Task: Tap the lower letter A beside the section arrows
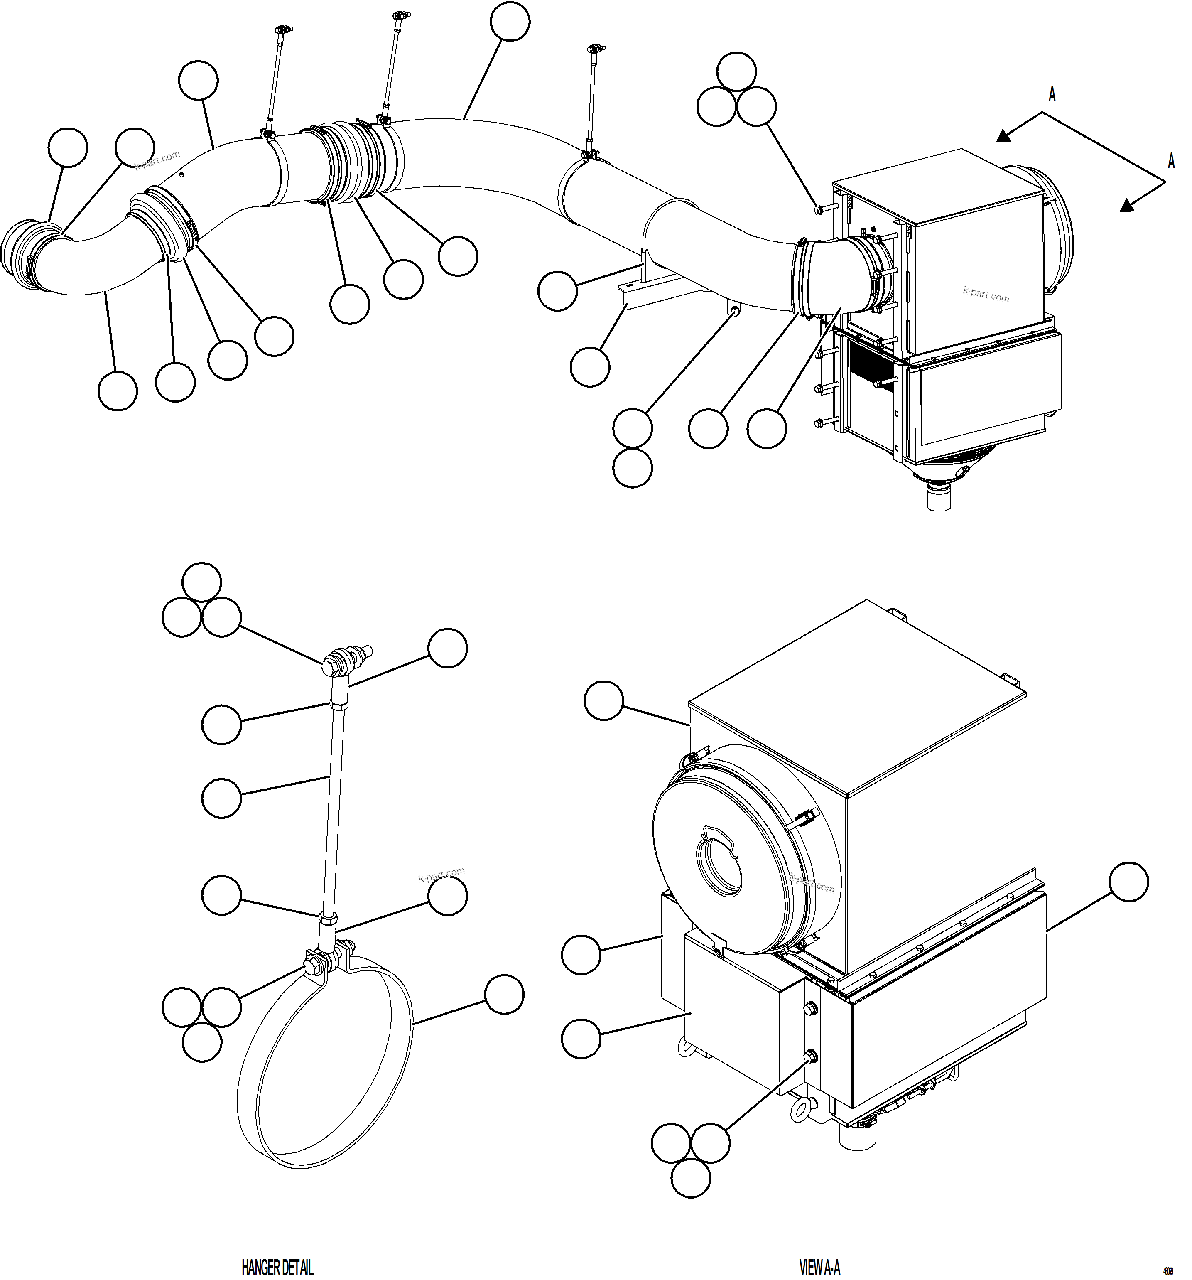coord(1171,161)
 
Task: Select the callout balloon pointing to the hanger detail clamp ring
coord(503,995)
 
